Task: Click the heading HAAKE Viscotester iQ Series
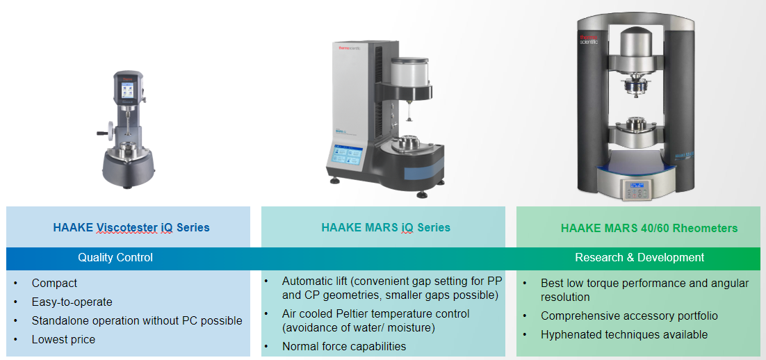(131, 227)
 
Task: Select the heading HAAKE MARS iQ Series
(386, 227)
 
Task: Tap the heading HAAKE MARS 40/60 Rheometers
(649, 228)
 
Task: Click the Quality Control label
(115, 257)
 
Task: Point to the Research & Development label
(639, 257)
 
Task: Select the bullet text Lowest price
(63, 339)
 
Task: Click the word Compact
(54, 284)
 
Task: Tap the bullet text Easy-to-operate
(72, 302)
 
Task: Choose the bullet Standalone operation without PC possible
(137, 321)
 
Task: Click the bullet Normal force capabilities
(344, 347)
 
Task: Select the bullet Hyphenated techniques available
(624, 334)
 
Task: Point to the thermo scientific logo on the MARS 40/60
(589, 40)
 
